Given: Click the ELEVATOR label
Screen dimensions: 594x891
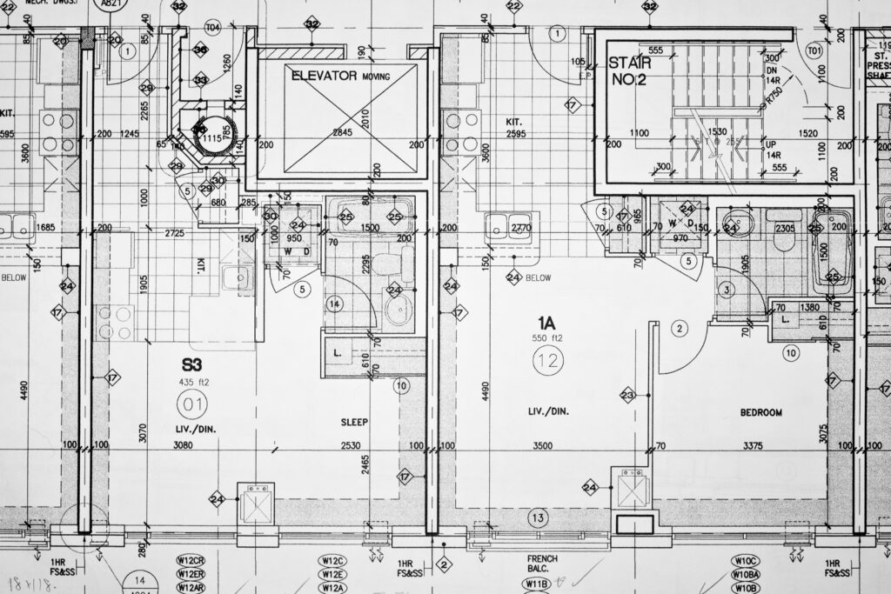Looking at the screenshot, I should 325,76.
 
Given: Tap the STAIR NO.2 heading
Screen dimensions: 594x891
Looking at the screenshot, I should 629,70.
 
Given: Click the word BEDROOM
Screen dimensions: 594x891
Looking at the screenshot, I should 761,412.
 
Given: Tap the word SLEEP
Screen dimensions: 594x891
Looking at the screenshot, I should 354,423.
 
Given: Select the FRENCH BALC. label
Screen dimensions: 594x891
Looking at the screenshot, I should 543,564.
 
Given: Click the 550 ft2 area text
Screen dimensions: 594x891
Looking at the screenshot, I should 548,337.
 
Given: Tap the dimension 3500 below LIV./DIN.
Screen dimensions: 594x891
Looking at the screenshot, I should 542,446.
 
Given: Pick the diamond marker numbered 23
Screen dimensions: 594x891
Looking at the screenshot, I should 627,396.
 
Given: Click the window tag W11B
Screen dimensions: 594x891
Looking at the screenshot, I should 537,584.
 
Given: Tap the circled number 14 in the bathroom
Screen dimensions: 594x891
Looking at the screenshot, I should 335,304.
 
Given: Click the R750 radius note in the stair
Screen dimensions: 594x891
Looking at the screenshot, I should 771,95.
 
